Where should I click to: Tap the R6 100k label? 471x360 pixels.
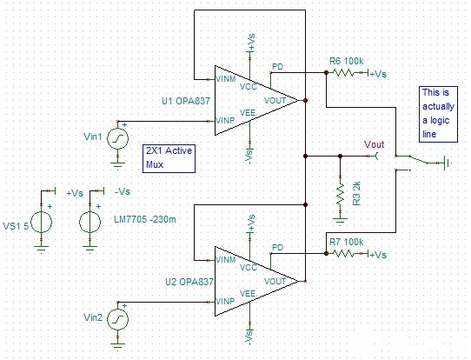pos(347,60)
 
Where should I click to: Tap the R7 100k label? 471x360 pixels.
pos(347,240)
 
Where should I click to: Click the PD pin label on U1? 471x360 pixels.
pos(277,66)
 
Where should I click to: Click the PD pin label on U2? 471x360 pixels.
pos(277,247)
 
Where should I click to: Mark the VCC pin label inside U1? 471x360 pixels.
pos(249,87)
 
